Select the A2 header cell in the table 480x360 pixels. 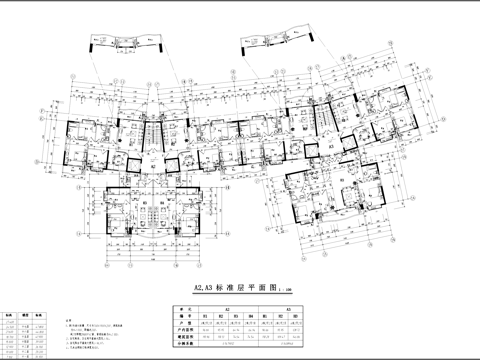(229, 310)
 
